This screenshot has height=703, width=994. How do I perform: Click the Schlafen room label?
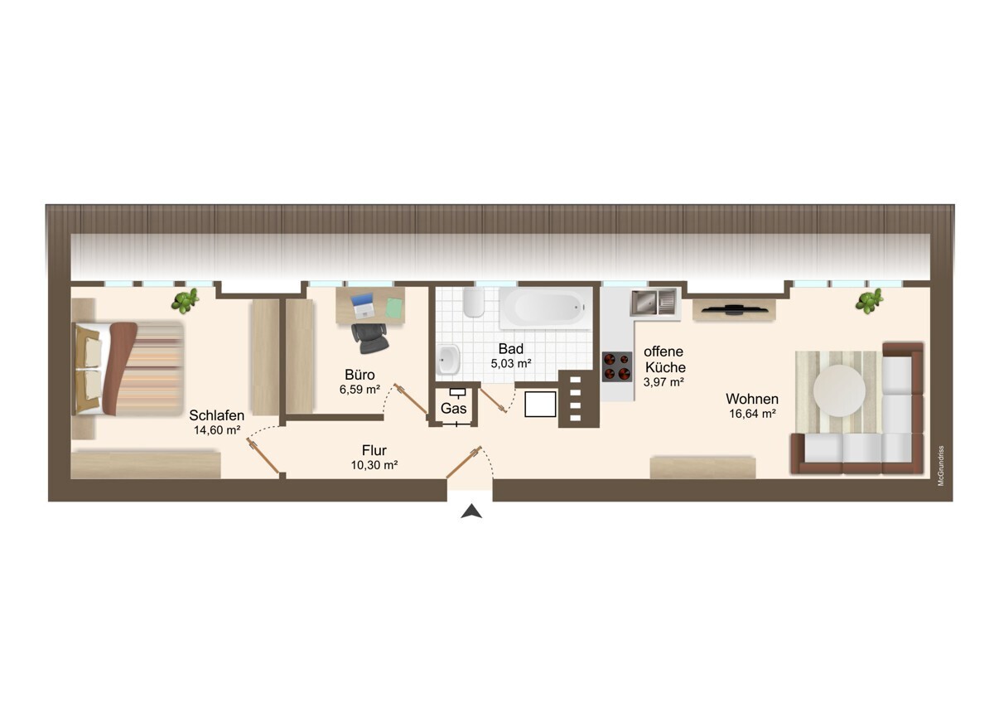(216, 415)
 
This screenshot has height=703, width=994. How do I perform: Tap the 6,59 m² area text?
(359, 390)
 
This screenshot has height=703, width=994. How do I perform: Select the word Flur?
(374, 450)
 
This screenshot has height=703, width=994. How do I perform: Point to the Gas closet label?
(454, 408)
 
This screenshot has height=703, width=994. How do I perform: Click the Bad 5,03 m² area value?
(511, 363)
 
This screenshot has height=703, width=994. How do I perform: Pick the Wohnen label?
(752, 399)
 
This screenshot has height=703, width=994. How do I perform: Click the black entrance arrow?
(471, 511)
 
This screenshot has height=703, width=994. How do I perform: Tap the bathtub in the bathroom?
(546, 308)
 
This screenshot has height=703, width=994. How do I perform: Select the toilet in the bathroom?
(474, 302)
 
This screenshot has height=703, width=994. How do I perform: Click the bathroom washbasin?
(448, 359)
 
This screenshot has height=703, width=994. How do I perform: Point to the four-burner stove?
(617, 366)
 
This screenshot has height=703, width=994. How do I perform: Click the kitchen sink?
(654, 302)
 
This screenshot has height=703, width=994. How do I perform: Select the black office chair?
(369, 337)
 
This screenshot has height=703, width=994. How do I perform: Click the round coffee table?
(839, 390)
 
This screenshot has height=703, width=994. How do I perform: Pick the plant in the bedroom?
(185, 301)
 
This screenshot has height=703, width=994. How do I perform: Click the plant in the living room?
(869, 301)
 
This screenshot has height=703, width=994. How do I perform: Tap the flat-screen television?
(734, 309)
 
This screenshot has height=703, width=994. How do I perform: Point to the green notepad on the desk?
(393, 308)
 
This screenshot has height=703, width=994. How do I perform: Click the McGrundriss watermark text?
(941, 466)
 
